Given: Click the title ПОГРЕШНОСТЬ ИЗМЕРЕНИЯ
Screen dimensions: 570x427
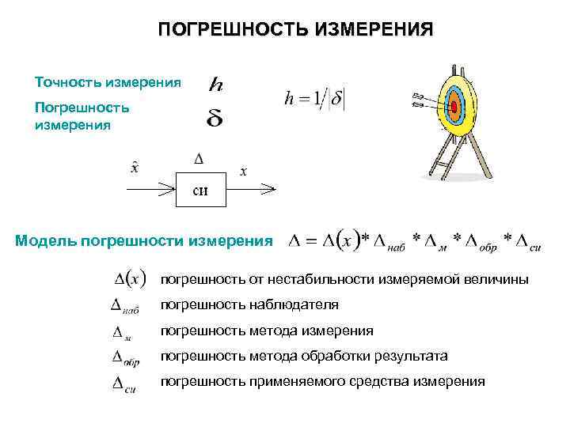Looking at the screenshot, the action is pos(295,30).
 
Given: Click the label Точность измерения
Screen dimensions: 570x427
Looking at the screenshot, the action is pos(108,82).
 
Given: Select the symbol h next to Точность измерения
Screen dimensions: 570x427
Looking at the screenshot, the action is pos(215,83).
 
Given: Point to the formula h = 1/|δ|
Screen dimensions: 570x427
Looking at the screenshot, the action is pos(314,100).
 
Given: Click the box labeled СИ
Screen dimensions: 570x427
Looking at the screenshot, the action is pos(202,189).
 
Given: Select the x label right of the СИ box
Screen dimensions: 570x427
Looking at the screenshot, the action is pos(243,171).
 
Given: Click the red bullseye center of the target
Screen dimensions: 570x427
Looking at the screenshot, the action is pos(454,105).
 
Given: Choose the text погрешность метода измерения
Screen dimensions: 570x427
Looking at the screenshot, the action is pos(267,331).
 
